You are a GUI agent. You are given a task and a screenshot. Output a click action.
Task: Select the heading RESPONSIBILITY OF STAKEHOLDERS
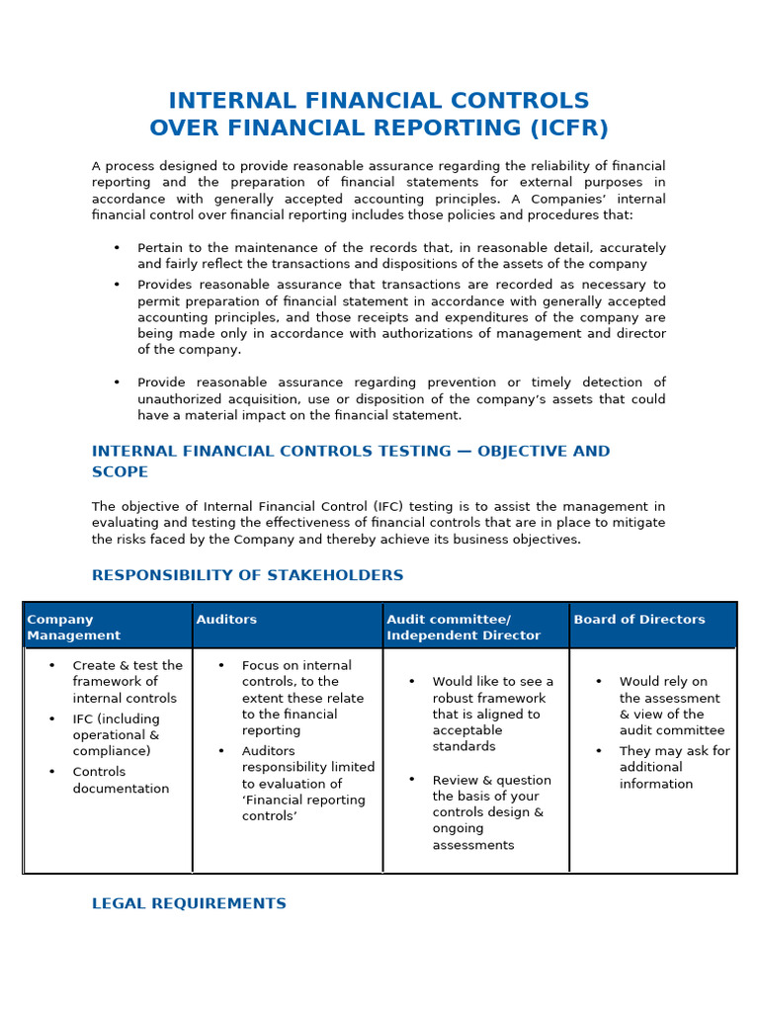click(247, 575)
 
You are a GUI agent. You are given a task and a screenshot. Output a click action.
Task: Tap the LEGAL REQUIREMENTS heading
click(189, 903)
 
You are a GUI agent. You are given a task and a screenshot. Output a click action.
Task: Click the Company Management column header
click(73, 628)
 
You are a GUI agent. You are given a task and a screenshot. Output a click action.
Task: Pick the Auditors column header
click(226, 620)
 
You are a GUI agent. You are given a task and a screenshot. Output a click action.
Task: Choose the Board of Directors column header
click(639, 620)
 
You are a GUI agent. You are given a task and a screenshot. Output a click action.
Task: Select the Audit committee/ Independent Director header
click(463, 628)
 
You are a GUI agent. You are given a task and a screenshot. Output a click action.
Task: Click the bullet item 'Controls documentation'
click(121, 781)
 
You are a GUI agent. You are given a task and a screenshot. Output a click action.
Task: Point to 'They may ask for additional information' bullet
click(674, 767)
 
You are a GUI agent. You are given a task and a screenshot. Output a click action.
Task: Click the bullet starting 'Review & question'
click(491, 812)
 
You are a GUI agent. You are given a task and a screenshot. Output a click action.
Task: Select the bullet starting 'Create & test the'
click(126, 682)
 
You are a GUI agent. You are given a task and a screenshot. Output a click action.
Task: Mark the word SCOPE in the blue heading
click(120, 472)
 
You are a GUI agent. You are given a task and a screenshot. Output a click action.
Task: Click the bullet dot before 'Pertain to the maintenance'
click(117, 248)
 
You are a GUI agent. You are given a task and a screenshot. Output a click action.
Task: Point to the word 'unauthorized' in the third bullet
click(184, 399)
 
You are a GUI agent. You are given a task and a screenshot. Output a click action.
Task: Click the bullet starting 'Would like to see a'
click(492, 715)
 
